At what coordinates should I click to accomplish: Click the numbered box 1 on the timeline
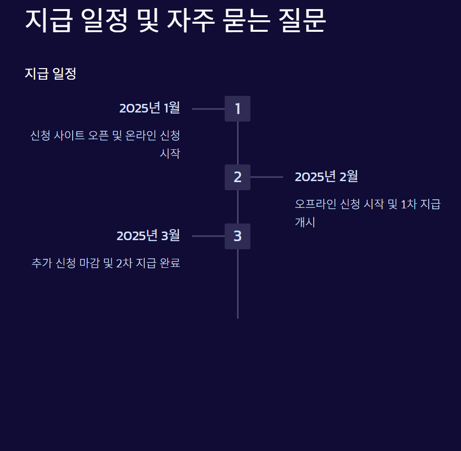coord(238,108)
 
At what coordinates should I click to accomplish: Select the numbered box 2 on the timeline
coord(238,177)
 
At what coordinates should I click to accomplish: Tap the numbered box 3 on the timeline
coord(238,236)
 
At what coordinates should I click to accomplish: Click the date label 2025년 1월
coord(149,108)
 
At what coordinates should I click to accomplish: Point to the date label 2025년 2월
coord(326,177)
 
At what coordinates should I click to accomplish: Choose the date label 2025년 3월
coord(148,236)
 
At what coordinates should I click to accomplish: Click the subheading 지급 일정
coord(50,74)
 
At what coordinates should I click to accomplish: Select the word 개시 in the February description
coord(305,222)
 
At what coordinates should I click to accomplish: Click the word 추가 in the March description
coord(40,263)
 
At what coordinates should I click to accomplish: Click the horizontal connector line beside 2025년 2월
coord(266,177)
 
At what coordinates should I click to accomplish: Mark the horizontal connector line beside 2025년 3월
coord(208,236)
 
